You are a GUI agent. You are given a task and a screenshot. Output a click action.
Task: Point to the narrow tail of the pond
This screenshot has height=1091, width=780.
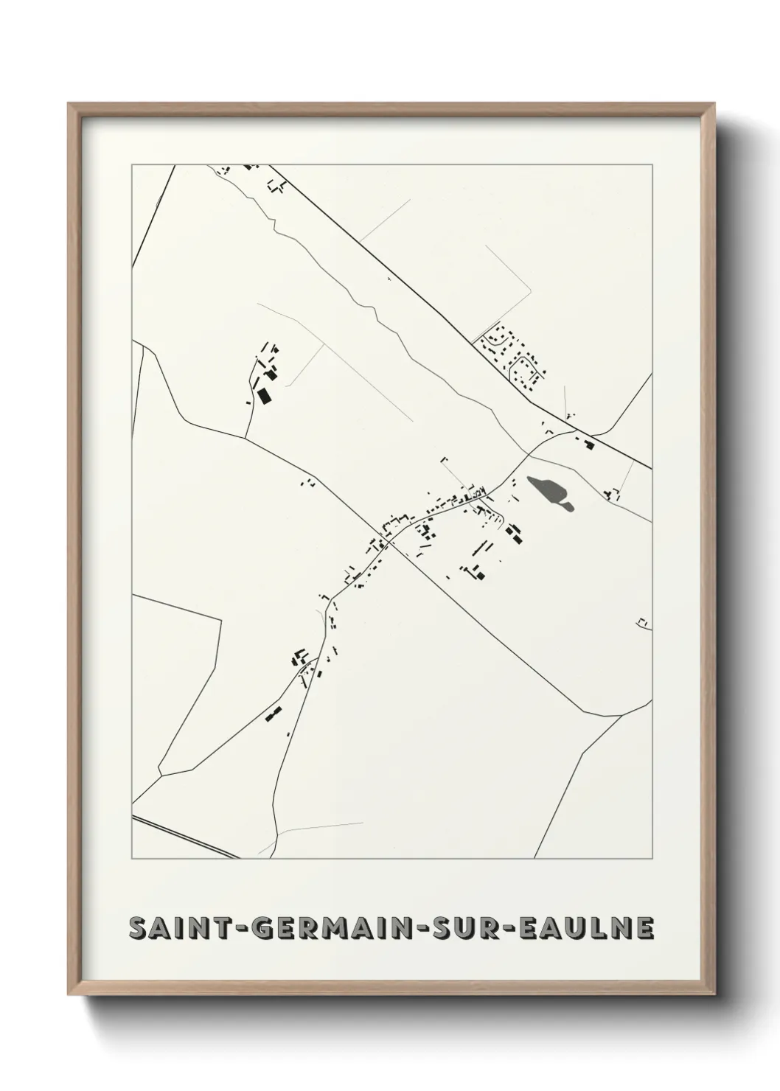click(568, 505)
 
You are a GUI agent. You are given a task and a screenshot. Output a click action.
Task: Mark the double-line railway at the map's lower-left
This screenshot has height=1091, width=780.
click(184, 837)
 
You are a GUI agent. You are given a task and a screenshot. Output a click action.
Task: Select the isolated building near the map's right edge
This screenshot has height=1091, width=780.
click(644, 623)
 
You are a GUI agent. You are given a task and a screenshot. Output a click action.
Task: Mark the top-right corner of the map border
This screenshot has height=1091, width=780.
click(652, 165)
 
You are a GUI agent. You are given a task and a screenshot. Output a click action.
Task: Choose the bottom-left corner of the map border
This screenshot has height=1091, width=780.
click(132, 859)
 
